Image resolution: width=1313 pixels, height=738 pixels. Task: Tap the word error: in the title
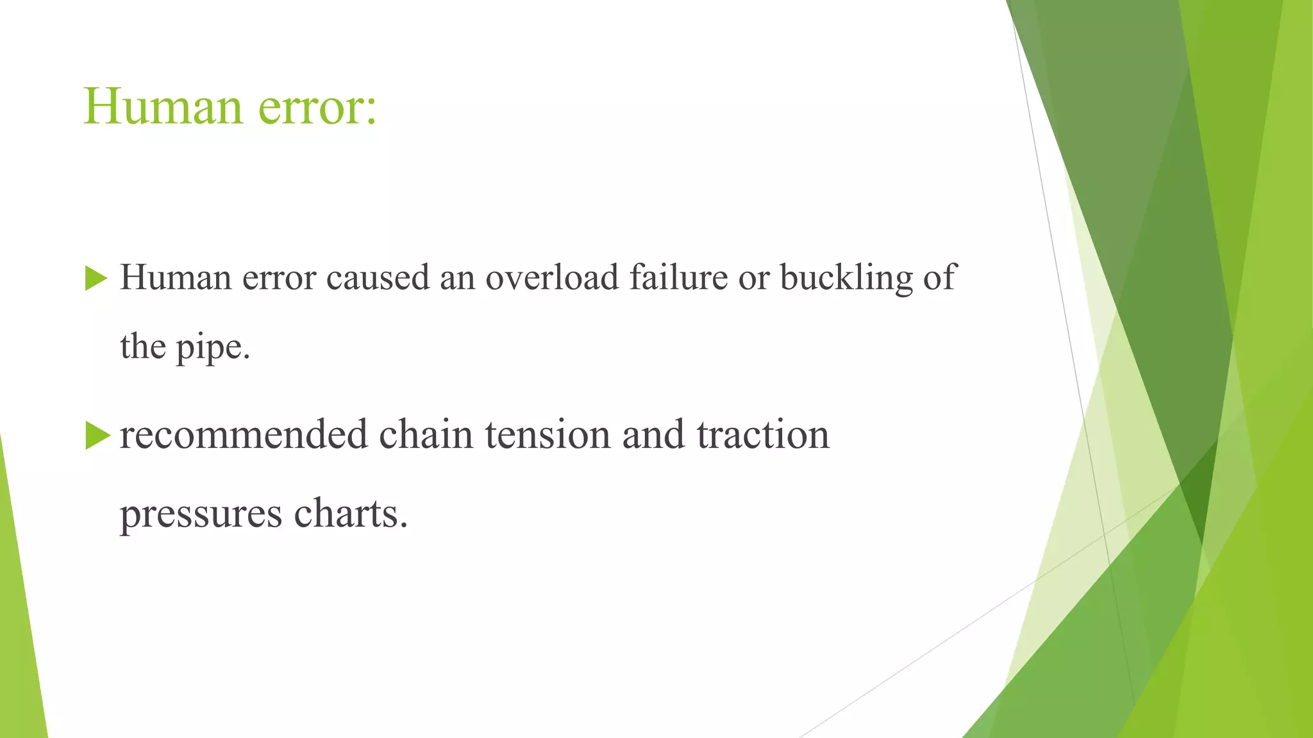317,108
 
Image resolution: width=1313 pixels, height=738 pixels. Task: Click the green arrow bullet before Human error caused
96,279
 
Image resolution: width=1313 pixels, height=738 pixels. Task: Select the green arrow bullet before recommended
97,436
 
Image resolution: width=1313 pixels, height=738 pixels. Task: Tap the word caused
378,278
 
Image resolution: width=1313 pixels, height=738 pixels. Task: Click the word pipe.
213,347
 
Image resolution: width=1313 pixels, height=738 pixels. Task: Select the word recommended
243,434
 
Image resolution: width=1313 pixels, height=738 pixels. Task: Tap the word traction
763,434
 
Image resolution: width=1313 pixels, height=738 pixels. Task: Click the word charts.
351,513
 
